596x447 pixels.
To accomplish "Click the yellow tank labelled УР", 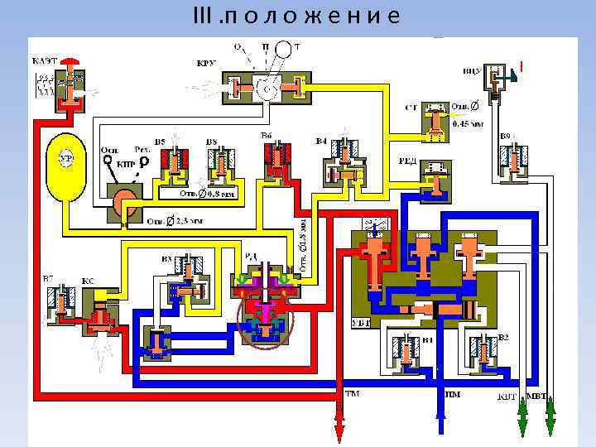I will (x=67, y=166).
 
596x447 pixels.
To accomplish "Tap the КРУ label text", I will (x=206, y=62).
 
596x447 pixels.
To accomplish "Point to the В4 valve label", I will (x=323, y=142).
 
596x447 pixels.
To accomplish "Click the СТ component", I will (x=435, y=121).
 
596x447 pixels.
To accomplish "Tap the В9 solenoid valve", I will (x=517, y=157).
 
